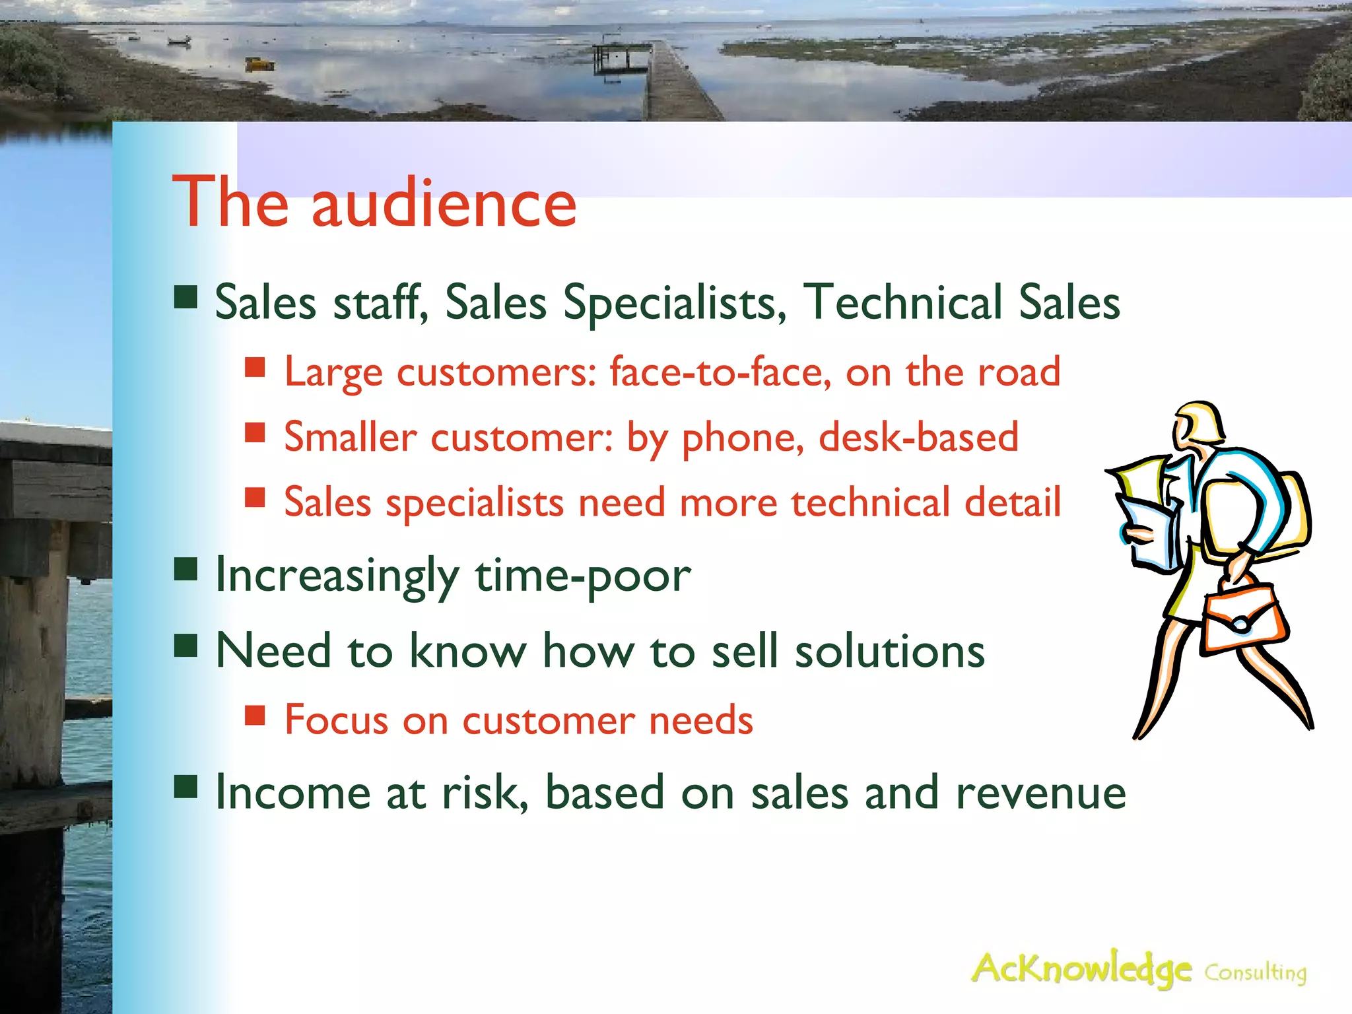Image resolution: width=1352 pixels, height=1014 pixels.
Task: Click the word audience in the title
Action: tap(444, 203)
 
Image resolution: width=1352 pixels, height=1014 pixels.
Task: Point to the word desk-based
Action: tap(918, 437)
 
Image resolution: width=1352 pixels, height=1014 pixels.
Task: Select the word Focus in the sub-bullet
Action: tap(336, 720)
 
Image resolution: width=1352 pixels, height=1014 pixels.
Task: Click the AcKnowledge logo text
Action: tap(1081, 969)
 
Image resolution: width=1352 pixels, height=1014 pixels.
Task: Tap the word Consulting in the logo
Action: tap(1255, 973)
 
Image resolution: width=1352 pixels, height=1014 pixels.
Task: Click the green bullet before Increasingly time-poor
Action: tap(186, 569)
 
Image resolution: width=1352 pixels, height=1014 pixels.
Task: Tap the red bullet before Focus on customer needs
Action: tap(255, 715)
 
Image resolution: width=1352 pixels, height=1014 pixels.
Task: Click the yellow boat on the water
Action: tap(259, 64)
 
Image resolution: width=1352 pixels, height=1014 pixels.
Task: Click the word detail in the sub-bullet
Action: tap(1013, 502)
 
